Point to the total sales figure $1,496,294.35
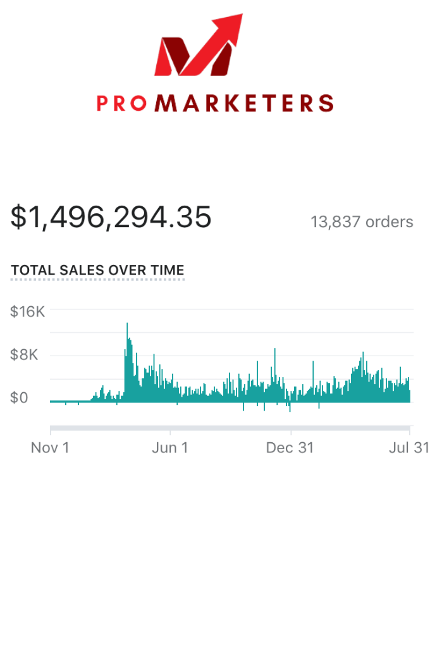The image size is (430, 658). (111, 217)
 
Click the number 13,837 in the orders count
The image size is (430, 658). (336, 222)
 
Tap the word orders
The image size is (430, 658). (390, 222)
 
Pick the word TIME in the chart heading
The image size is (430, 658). (168, 270)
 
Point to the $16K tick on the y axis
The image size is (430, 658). (28, 311)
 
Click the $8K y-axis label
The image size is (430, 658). (24, 355)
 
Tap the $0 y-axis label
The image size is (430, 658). (19, 398)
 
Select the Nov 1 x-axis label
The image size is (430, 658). (50, 448)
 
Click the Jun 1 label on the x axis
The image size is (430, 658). (171, 448)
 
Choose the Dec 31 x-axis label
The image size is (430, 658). (290, 448)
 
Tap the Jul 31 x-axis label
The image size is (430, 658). (409, 448)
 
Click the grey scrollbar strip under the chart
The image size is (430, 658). (230, 428)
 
